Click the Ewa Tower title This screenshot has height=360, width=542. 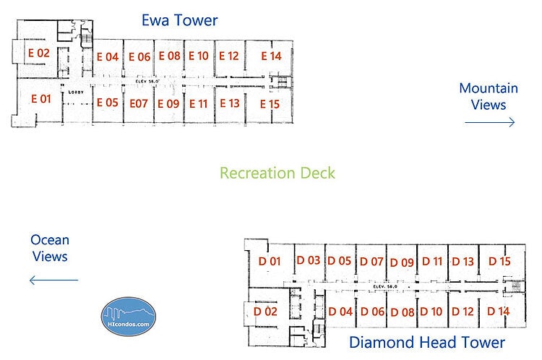(x=179, y=20)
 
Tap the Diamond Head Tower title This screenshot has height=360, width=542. (x=426, y=342)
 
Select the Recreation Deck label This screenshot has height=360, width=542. (x=278, y=173)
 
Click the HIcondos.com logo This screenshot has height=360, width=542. (x=128, y=317)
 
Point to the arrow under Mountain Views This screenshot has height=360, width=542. (x=489, y=123)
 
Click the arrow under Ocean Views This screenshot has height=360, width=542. (x=53, y=280)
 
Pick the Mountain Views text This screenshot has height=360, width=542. (x=489, y=96)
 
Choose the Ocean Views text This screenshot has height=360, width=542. (x=50, y=248)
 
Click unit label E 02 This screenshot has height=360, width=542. (x=38, y=53)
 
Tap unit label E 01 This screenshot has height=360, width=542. (x=40, y=98)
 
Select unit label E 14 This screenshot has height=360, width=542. (x=271, y=56)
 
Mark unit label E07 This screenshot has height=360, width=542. (x=139, y=103)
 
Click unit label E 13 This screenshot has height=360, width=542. (x=229, y=103)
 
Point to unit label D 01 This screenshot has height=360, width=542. (x=269, y=261)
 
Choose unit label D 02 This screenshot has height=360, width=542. (x=266, y=312)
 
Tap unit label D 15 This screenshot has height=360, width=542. (x=499, y=261)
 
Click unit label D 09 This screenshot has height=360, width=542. (x=402, y=262)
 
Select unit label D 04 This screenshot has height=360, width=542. (x=340, y=312)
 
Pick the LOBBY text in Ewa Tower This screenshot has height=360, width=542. (x=77, y=93)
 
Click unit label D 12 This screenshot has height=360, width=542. (x=463, y=312)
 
